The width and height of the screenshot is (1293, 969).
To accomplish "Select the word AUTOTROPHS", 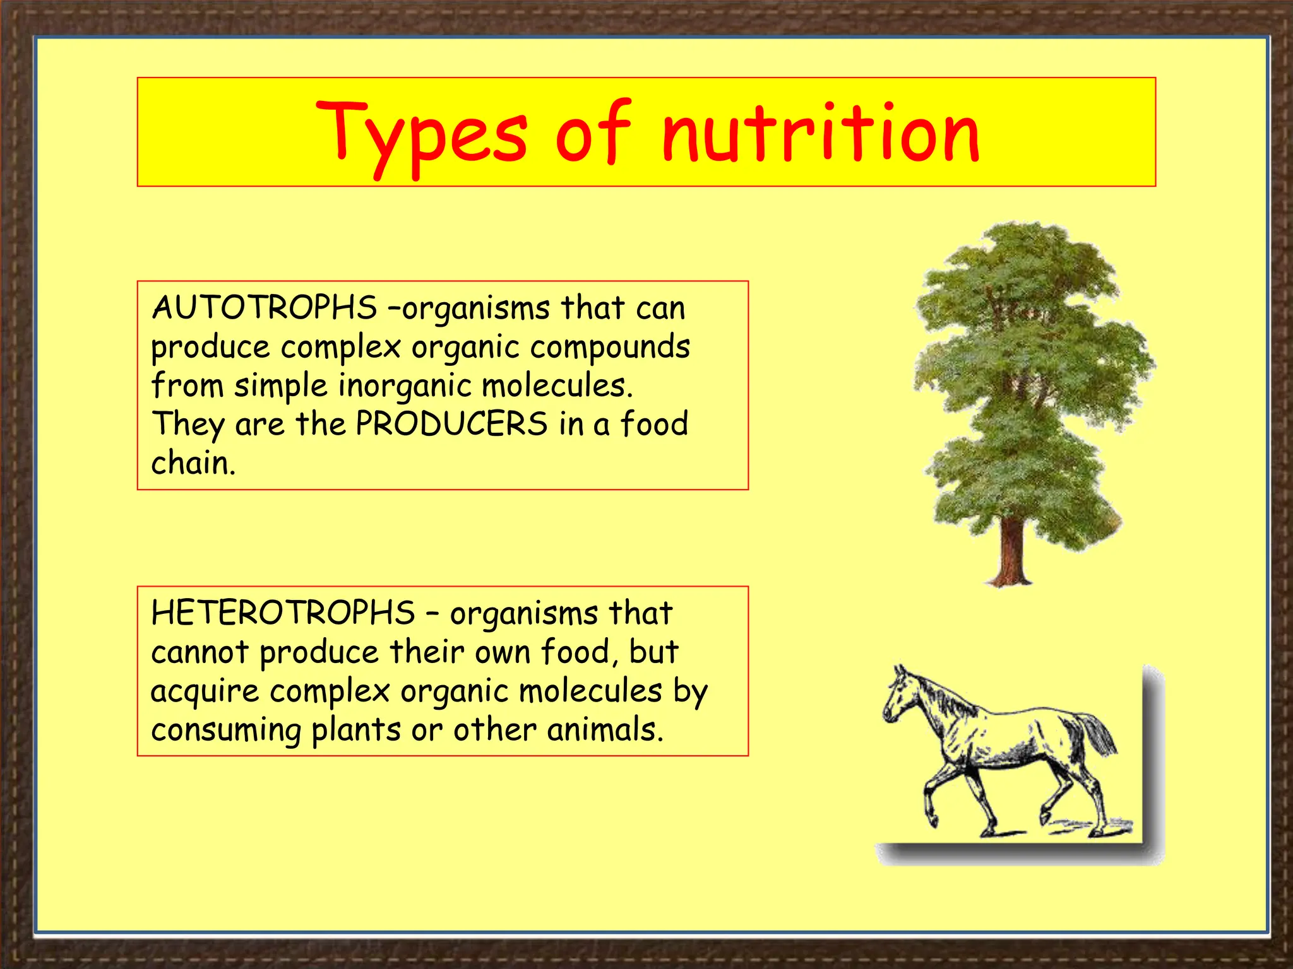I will point(264,308).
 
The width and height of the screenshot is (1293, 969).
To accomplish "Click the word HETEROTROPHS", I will point(283,613).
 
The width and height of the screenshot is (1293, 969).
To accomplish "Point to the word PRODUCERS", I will point(451,424).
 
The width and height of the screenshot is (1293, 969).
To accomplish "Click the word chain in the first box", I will point(193,463).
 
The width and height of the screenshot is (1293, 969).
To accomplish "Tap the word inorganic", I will point(405,386).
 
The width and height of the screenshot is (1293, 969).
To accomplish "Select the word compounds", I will point(610,348).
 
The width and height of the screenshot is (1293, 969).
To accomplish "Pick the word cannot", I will point(200,652).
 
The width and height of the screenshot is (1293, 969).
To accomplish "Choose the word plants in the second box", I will point(356,731).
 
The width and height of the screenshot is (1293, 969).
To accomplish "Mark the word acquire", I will point(205,691).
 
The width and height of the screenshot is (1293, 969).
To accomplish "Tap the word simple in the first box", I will point(281,386).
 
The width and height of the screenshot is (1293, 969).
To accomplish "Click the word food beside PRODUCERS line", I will point(654,424).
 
